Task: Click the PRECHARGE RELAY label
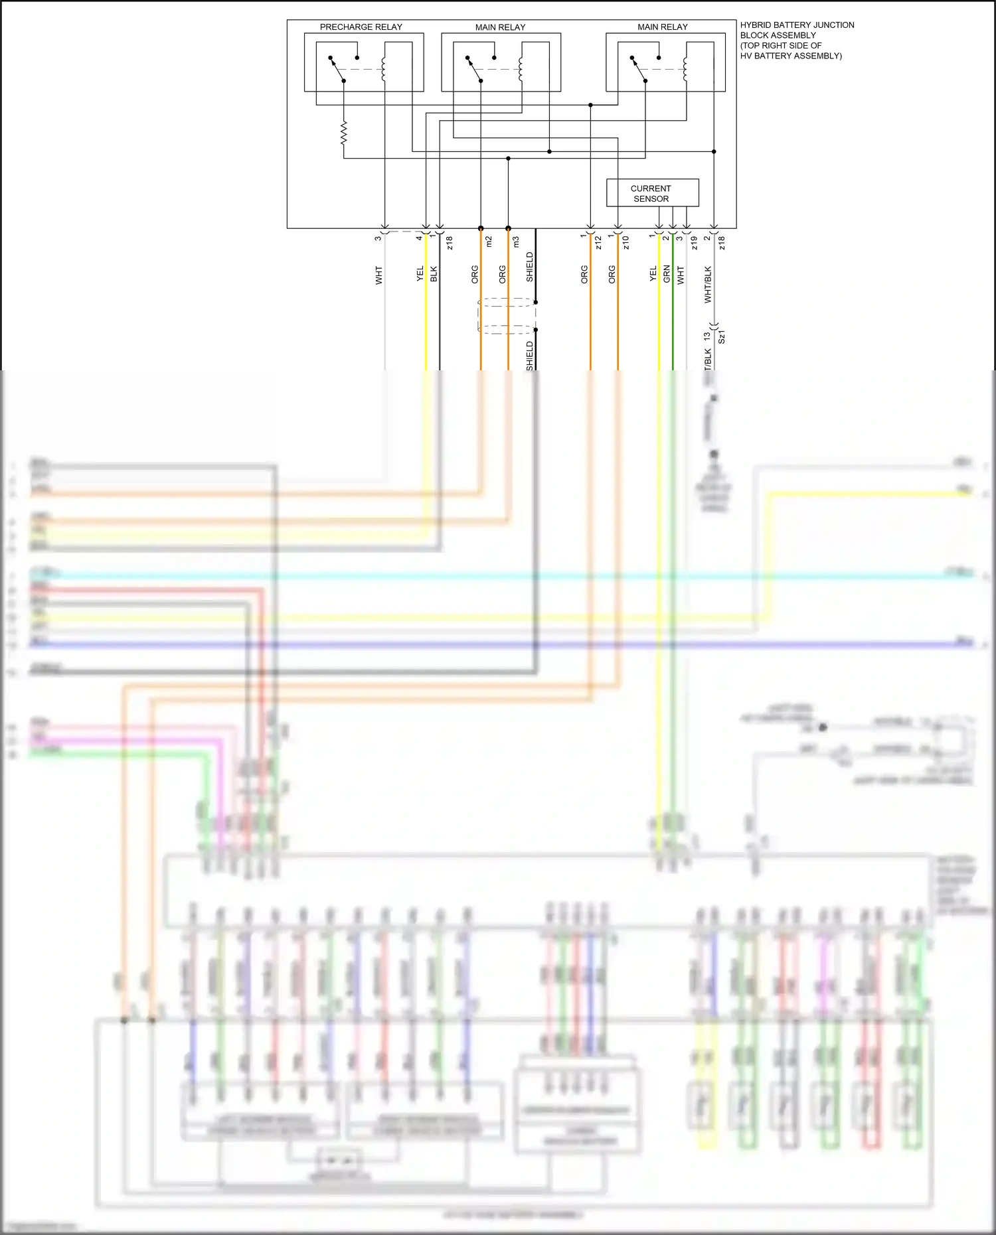(x=361, y=27)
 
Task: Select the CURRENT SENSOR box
(x=652, y=193)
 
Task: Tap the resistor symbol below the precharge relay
(x=343, y=133)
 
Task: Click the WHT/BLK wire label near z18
(x=708, y=285)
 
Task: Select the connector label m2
(x=489, y=242)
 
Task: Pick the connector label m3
(x=516, y=242)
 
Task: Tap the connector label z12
(x=598, y=243)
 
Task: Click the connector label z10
(x=625, y=243)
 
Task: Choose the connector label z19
(x=695, y=243)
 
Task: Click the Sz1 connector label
(x=722, y=336)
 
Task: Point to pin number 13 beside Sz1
(x=707, y=336)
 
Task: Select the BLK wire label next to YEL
(x=434, y=274)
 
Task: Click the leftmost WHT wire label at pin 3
(x=378, y=275)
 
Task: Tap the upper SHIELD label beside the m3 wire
(x=530, y=267)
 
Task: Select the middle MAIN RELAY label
(x=500, y=27)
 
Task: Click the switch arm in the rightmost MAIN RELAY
(x=638, y=69)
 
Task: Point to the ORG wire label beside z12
(x=584, y=275)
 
